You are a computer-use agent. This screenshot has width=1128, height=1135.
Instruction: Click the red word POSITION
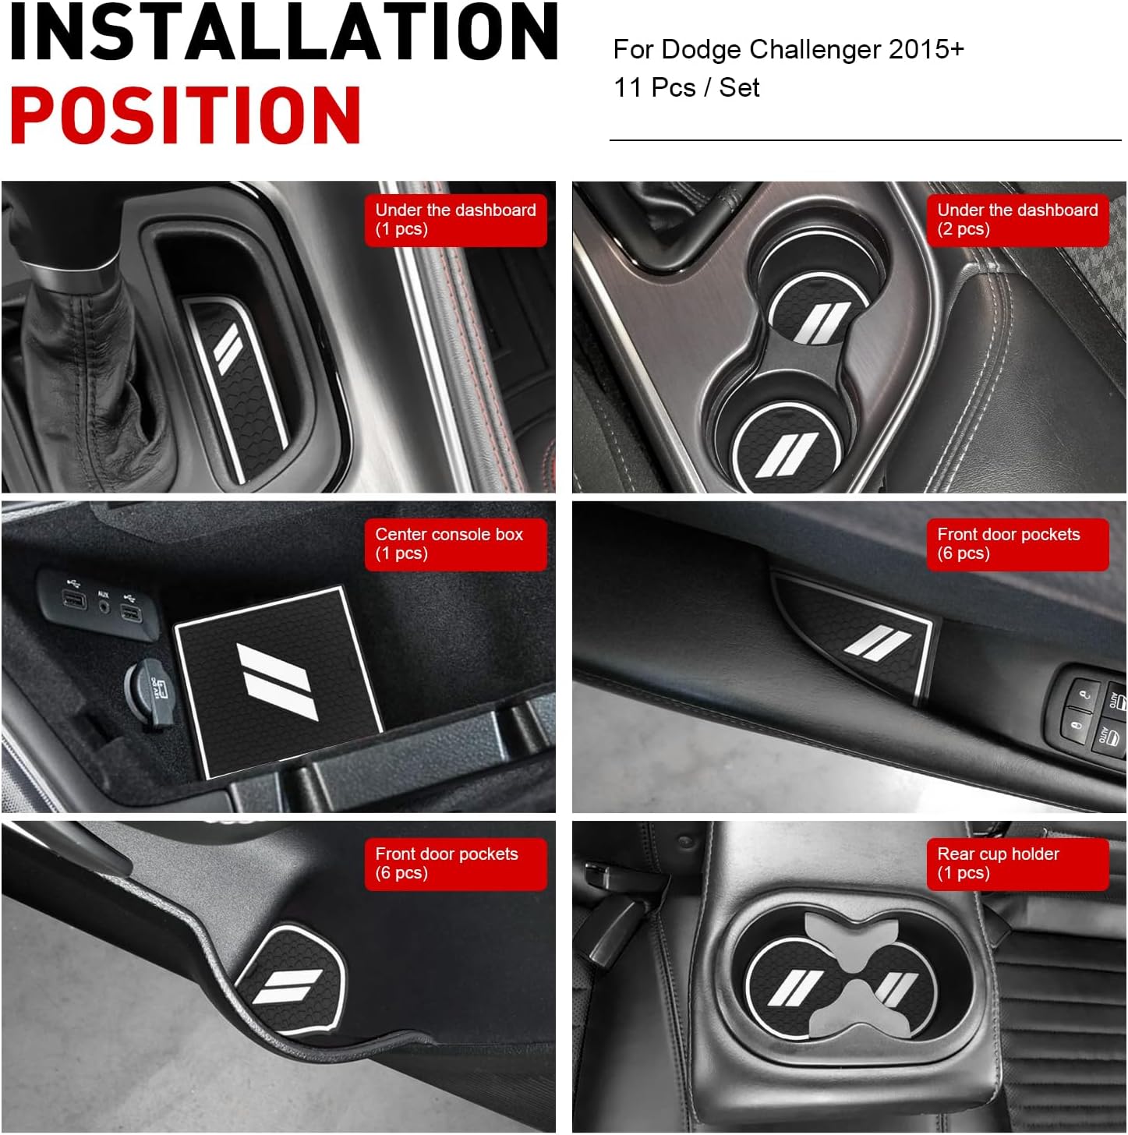(186, 115)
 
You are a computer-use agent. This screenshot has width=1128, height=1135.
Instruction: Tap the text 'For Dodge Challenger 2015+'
(788, 49)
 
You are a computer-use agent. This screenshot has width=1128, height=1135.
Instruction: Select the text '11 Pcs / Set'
(686, 88)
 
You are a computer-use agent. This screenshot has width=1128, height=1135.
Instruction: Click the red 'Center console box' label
(455, 544)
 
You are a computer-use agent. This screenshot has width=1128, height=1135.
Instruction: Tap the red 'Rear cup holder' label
(1017, 864)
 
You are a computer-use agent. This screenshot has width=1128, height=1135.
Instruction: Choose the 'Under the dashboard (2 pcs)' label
(1017, 220)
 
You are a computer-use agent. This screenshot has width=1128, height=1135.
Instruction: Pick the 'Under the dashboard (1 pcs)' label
(455, 220)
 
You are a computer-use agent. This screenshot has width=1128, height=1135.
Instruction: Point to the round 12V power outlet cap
(148, 692)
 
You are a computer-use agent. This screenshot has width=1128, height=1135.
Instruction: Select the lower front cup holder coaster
(787, 447)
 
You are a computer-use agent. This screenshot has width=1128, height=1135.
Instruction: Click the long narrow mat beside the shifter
(235, 389)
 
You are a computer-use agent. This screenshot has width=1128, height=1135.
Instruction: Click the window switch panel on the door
(1090, 716)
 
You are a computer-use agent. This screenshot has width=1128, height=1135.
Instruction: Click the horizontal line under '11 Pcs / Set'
(865, 140)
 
